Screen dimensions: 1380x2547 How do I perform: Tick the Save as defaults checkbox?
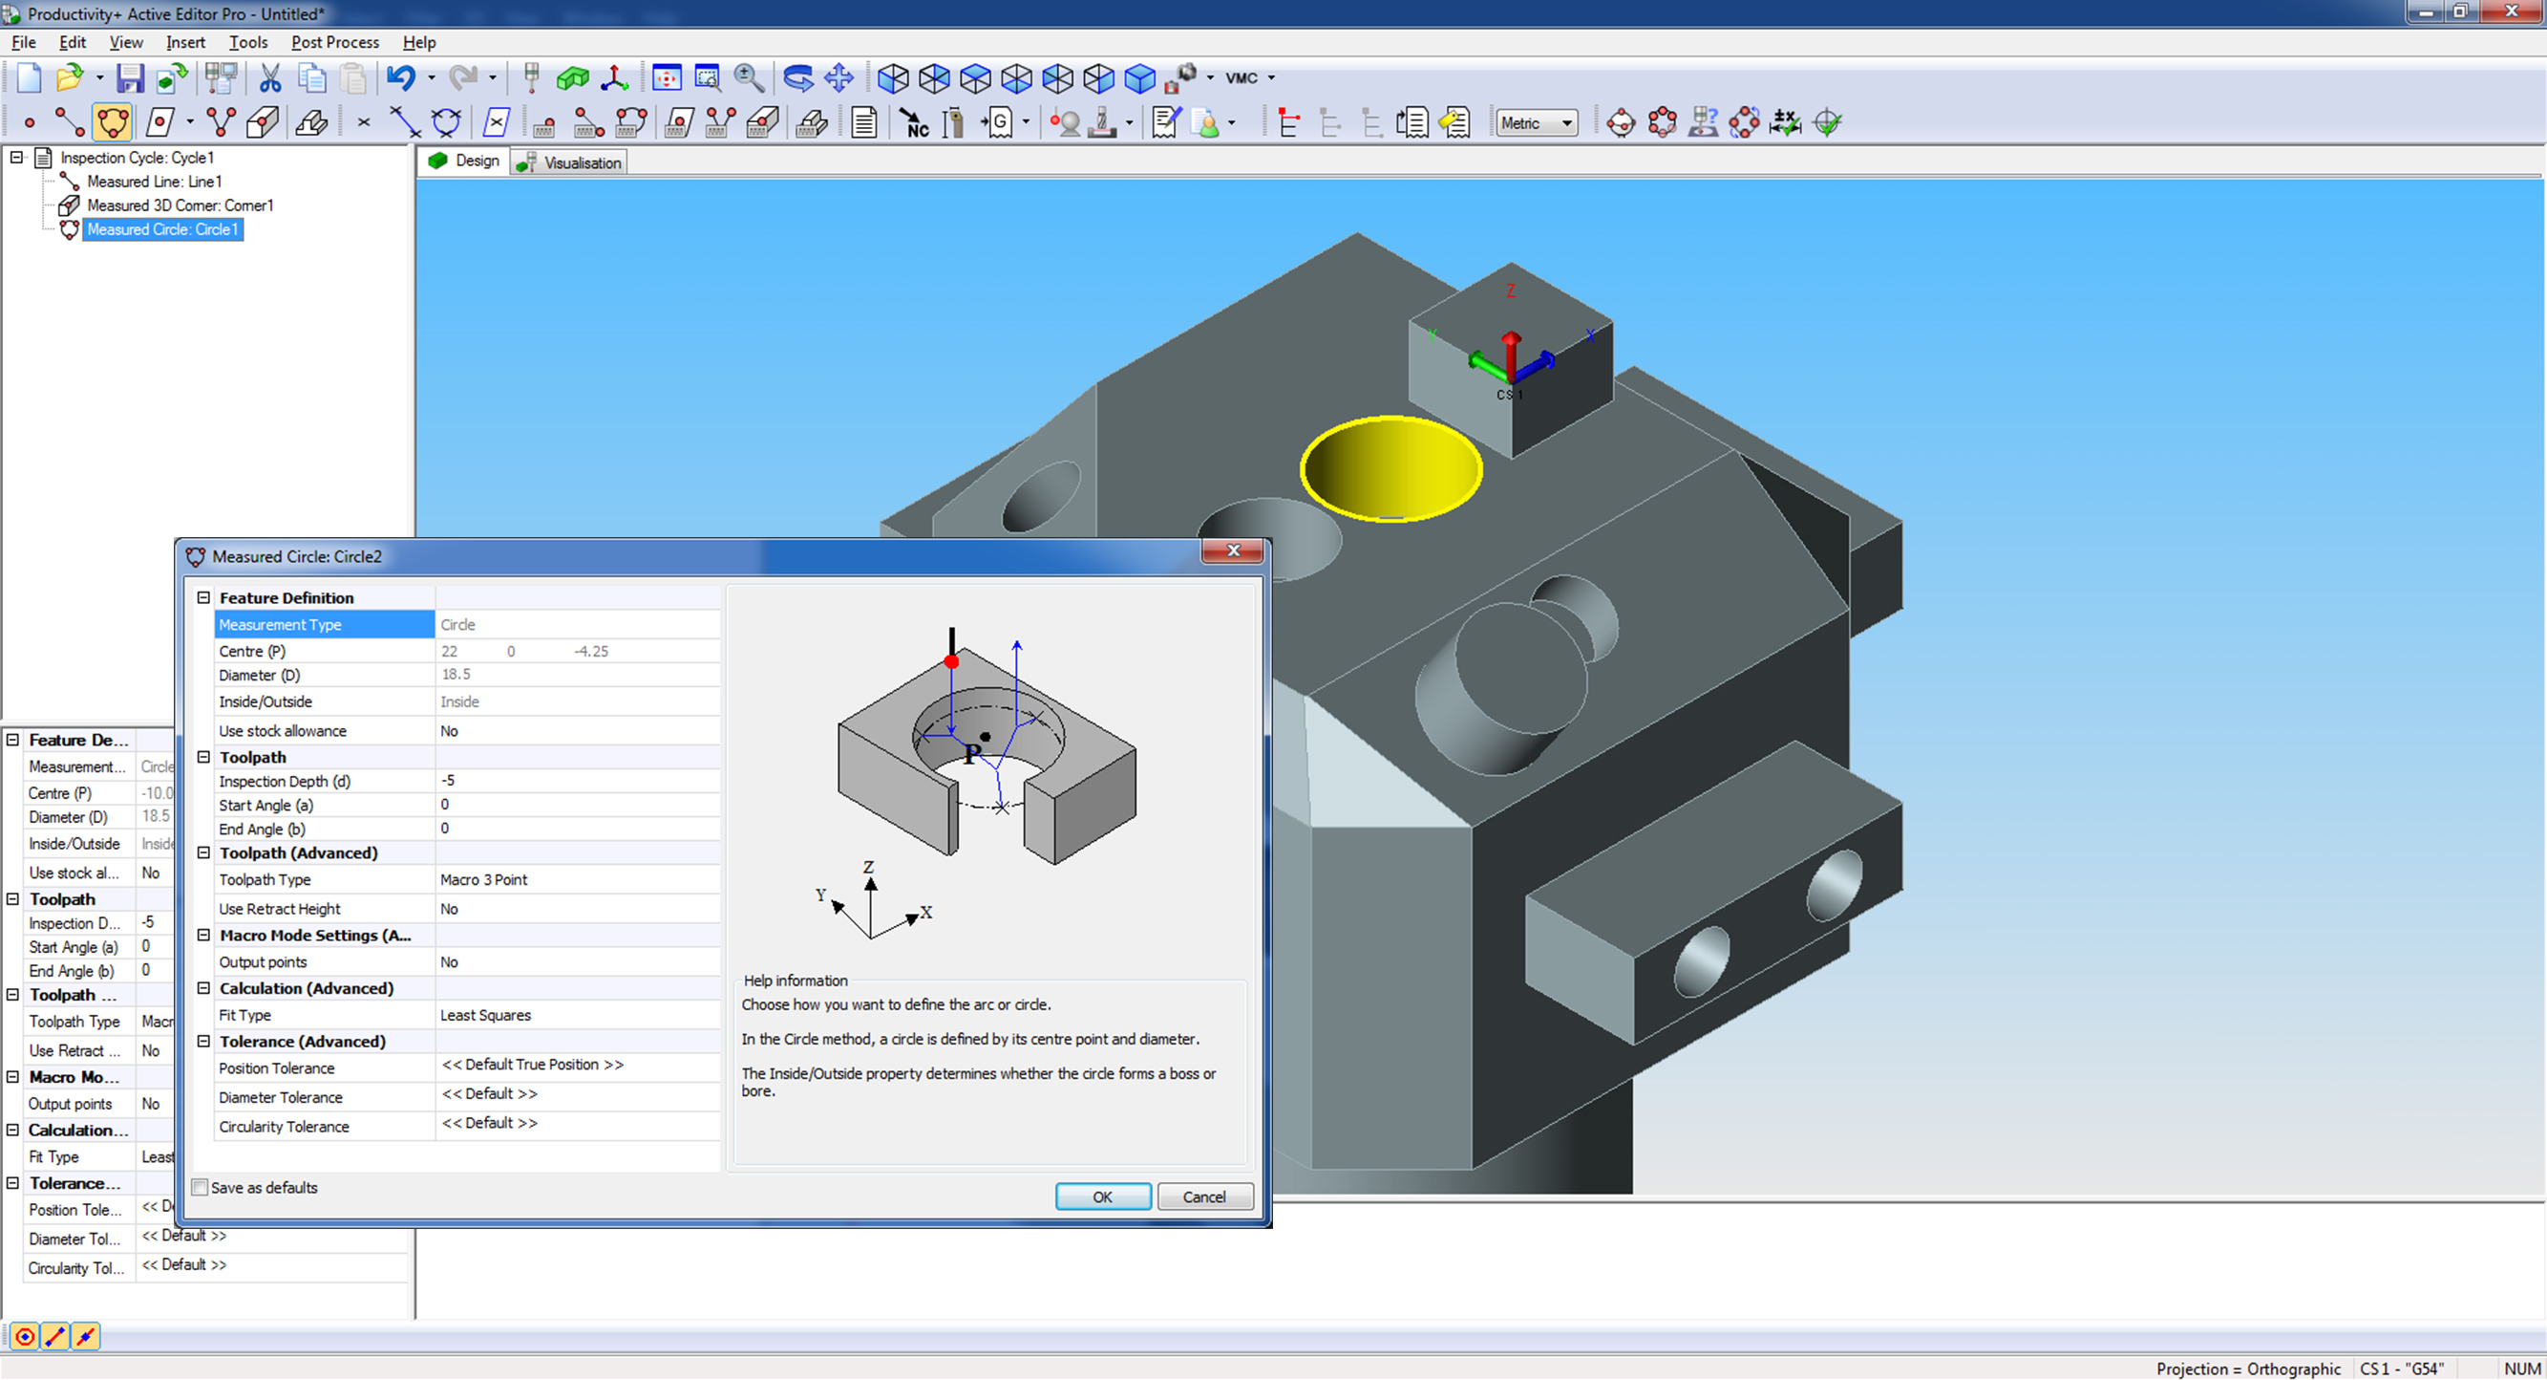click(x=201, y=1188)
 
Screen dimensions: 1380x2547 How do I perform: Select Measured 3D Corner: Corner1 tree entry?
click(x=179, y=205)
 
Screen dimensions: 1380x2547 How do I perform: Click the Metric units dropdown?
click(x=1536, y=123)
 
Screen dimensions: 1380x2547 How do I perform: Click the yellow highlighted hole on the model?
click(x=1390, y=468)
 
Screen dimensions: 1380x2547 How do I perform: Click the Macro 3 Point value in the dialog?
click(x=483, y=879)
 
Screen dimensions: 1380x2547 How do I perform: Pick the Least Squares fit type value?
click(x=484, y=1015)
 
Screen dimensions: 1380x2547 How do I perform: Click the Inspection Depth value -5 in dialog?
click(x=448, y=781)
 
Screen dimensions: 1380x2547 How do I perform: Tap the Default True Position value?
click(x=532, y=1065)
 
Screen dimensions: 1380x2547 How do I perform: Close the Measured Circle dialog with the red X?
click(x=1232, y=551)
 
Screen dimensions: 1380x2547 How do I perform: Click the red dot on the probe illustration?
click(x=951, y=660)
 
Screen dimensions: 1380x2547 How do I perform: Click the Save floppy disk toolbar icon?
click(x=130, y=77)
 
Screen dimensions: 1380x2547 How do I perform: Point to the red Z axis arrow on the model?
click(x=1511, y=348)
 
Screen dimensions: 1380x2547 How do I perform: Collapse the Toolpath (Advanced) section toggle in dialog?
click(x=203, y=852)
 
